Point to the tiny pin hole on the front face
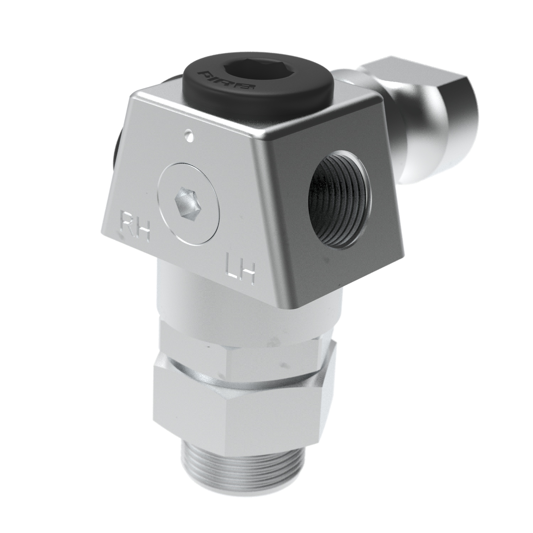click(x=187, y=135)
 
